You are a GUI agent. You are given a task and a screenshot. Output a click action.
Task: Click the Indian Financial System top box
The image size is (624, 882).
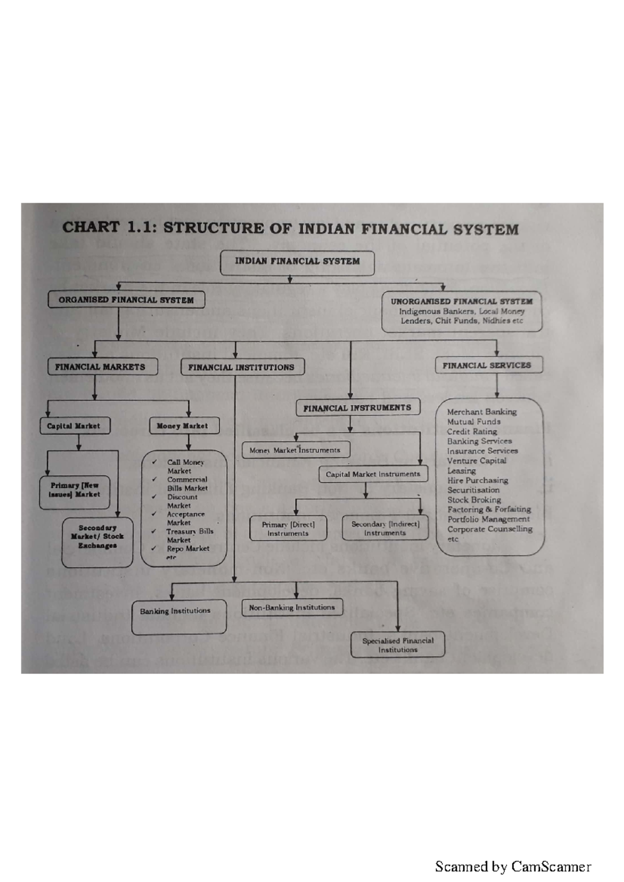(x=297, y=262)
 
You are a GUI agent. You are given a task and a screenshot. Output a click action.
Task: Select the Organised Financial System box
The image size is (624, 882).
(x=126, y=300)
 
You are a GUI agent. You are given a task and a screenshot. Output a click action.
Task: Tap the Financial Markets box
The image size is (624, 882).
(x=100, y=367)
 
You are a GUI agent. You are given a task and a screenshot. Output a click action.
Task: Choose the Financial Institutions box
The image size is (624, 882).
(x=241, y=367)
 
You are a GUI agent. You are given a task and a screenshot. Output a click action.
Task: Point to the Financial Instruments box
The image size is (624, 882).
(x=357, y=408)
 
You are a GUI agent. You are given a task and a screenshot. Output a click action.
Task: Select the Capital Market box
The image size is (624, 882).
(x=73, y=426)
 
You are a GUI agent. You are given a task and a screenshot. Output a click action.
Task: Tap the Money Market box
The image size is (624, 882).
(x=182, y=426)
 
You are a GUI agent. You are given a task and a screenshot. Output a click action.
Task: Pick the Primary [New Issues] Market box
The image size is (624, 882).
(x=74, y=490)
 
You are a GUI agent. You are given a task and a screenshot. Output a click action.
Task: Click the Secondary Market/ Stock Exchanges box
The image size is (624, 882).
(x=97, y=537)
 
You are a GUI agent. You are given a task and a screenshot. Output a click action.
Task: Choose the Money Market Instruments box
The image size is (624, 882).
(x=295, y=450)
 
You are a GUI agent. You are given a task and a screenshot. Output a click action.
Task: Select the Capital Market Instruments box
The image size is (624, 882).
(x=373, y=474)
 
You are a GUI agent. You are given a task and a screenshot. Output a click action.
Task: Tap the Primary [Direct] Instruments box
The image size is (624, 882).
(x=288, y=529)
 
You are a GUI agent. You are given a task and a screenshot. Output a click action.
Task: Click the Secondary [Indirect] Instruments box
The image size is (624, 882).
(x=385, y=528)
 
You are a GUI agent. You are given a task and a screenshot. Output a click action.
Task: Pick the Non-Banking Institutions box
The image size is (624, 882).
(x=292, y=608)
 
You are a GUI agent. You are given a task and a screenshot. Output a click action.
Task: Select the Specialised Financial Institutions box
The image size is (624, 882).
(x=398, y=645)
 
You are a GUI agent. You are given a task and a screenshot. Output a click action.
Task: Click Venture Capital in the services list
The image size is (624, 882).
(x=476, y=461)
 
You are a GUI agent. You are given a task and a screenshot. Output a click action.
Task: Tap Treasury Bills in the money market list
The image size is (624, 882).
(x=190, y=532)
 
